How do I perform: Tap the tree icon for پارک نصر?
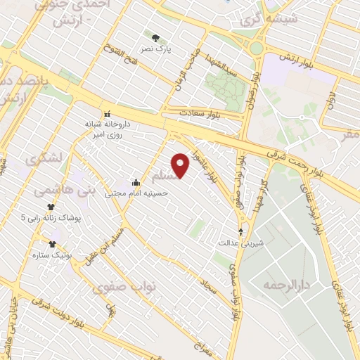pos(155,38)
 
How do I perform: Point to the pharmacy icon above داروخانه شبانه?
pos(107,115)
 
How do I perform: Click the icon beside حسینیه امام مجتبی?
pos(136,183)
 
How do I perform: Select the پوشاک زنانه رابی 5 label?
pos(51,218)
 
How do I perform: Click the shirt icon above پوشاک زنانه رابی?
pos(51,207)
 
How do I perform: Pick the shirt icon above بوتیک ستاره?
pos(52,244)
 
